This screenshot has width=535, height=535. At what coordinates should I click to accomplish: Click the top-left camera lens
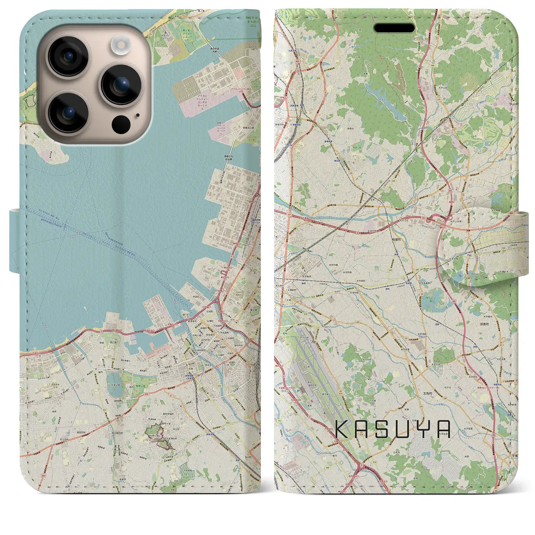coord(67,56)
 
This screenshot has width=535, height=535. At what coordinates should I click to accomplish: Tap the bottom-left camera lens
coord(68,112)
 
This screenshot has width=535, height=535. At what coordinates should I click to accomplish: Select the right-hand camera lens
coord(121,84)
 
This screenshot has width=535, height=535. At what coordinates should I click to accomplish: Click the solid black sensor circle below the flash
coord(121,124)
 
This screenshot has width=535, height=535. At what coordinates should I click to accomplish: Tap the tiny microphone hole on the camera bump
coord(138,115)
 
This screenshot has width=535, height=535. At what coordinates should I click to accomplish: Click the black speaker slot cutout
coord(394,28)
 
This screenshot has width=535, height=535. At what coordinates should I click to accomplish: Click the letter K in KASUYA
coord(344,429)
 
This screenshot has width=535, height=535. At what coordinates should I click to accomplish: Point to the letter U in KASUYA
coord(404,429)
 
